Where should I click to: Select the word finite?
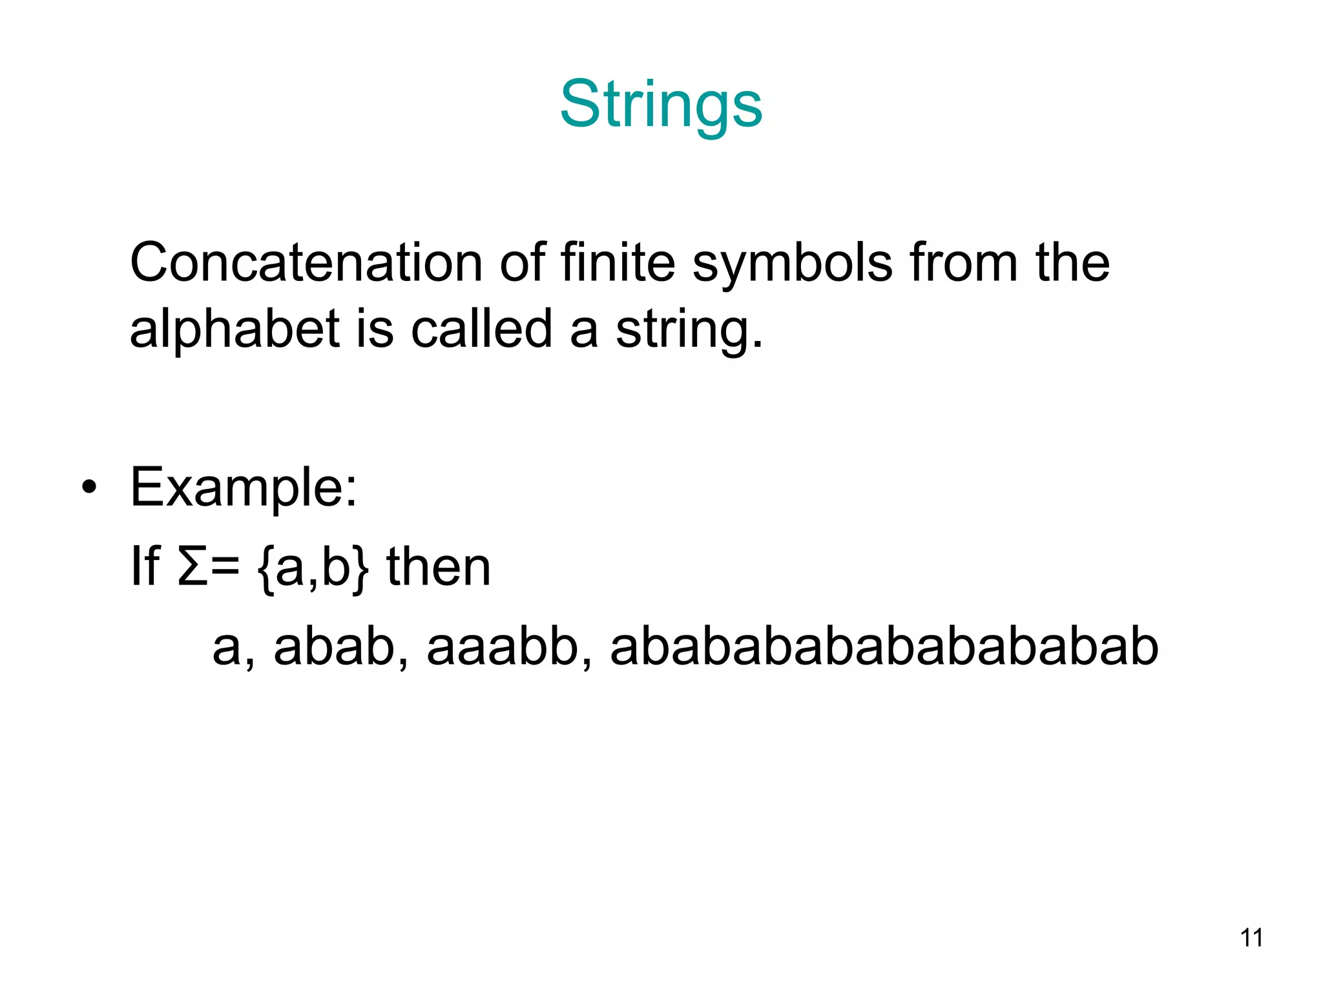(x=618, y=263)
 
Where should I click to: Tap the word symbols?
(x=793, y=264)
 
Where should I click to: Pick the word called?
(x=481, y=328)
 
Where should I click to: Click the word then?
(x=439, y=567)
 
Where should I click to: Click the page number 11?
(x=1251, y=938)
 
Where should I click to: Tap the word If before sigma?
(x=145, y=567)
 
